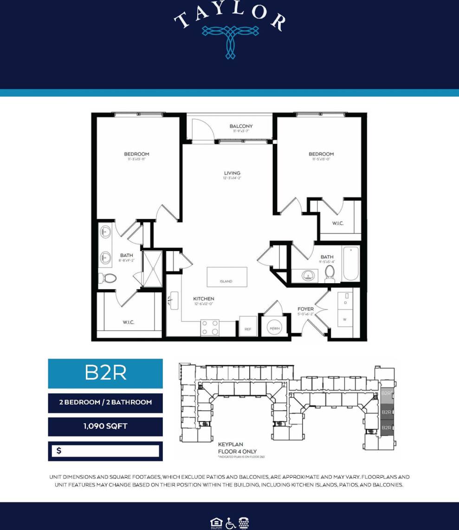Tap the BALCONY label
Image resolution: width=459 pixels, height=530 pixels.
[241, 126]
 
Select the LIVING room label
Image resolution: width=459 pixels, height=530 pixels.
[232, 174]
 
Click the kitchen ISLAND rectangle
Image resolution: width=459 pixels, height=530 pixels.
[226, 277]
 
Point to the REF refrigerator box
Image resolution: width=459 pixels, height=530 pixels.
[248, 326]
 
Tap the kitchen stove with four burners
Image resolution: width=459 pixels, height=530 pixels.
[210, 327]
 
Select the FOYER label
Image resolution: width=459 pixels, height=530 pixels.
[305, 309]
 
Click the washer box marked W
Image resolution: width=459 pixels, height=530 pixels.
[345, 319]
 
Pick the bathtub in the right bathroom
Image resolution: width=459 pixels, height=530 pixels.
[351, 264]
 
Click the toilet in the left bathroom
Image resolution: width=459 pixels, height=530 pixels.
[110, 278]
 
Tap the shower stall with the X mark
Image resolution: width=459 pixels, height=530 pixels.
[152, 269]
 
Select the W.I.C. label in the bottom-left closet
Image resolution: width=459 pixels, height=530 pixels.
[129, 323]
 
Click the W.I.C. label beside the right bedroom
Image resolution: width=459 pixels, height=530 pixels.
[337, 224]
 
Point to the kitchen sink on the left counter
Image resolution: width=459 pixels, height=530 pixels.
[175, 301]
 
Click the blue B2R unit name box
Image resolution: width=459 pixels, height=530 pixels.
[105, 373]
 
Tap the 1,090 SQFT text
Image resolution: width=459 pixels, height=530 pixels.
[105, 426]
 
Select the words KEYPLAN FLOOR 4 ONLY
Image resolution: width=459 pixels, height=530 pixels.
[237, 447]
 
